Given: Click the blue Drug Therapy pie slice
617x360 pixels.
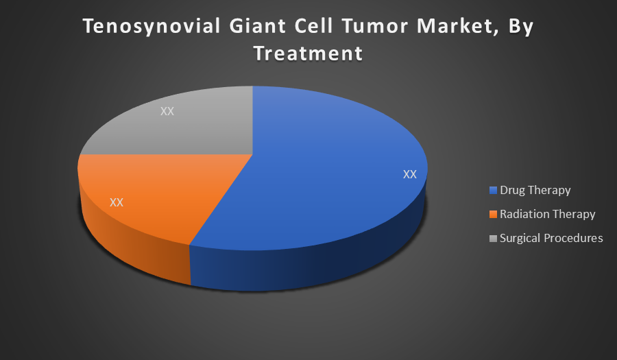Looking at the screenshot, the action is point(323,169).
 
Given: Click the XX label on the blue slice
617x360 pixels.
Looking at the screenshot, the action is point(410,174).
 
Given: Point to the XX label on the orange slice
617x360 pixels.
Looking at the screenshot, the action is point(117,202).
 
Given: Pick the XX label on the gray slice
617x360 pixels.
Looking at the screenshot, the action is point(167,111).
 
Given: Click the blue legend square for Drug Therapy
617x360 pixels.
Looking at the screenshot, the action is point(493,191).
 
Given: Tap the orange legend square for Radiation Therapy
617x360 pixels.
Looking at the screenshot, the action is point(493,215).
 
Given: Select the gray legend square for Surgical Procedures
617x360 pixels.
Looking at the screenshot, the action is point(493,239).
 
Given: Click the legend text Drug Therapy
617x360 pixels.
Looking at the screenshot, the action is point(535,191).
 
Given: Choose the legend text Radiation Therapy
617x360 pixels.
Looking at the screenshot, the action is point(547,215).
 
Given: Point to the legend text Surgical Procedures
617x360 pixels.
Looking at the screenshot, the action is point(551,238).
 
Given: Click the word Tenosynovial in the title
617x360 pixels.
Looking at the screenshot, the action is point(152,27).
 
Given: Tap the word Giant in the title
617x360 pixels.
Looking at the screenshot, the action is point(258,26).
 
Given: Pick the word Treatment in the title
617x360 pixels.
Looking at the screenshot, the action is point(308,53).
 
